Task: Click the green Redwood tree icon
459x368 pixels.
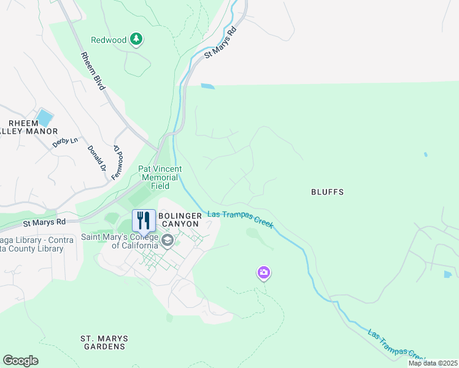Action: pyautogui.click(x=136, y=40)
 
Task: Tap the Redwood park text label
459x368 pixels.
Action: pyautogui.click(x=109, y=40)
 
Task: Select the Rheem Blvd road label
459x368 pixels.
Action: pyautogui.click(x=91, y=71)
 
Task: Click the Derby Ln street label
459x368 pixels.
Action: pyautogui.click(x=65, y=141)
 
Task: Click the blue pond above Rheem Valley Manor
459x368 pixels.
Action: pyautogui.click(x=44, y=117)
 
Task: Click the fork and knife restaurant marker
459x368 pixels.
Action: pyautogui.click(x=143, y=220)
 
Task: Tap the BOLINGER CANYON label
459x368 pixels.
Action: pyautogui.click(x=179, y=220)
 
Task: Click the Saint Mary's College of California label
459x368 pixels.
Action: pyautogui.click(x=120, y=241)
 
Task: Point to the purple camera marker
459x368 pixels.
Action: pyautogui.click(x=264, y=272)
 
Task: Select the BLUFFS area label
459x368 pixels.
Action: pyautogui.click(x=326, y=192)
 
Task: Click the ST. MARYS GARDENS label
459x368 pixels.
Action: pyautogui.click(x=104, y=342)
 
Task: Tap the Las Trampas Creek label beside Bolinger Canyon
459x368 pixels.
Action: pyautogui.click(x=240, y=218)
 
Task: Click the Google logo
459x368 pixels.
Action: pyautogui.click(x=20, y=361)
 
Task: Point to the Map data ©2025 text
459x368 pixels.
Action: pyautogui.click(x=433, y=363)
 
